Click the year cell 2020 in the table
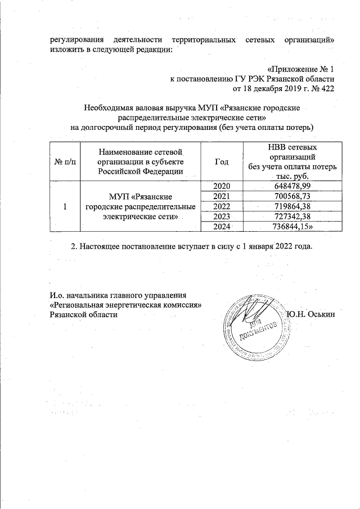pyautogui.click(x=221, y=186)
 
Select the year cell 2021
pyautogui.click(x=221, y=196)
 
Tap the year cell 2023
pyautogui.click(x=221, y=217)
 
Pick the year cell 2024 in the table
pyautogui.click(x=221, y=227)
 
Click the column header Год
pyautogui.click(x=222, y=161)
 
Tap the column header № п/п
pyautogui.click(x=65, y=162)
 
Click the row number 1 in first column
pyautogui.click(x=65, y=207)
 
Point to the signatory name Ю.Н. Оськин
pyautogui.click(x=310, y=314)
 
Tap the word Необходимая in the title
pyautogui.click(x=107, y=107)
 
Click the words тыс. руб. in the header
pyautogui.click(x=292, y=176)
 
